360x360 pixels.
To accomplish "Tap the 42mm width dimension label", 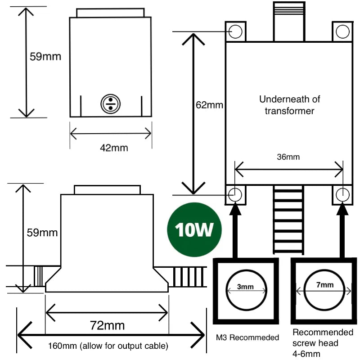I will point(111,147).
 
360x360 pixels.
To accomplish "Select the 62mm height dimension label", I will point(209,105).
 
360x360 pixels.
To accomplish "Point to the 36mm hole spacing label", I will point(288,157).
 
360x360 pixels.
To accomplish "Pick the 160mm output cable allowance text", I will point(108,346).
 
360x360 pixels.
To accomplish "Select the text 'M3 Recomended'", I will point(247,337).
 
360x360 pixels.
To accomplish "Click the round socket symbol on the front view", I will point(108,103).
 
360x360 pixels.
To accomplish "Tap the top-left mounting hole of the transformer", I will point(235,31).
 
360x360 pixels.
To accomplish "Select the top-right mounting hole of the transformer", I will point(342,31).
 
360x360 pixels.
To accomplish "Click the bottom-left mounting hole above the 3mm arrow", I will point(235,194).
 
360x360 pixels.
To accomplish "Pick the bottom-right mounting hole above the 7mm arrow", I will point(342,194).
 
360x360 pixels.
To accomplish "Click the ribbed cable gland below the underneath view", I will point(288,220).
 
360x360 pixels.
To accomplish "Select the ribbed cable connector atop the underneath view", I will point(288,20).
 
